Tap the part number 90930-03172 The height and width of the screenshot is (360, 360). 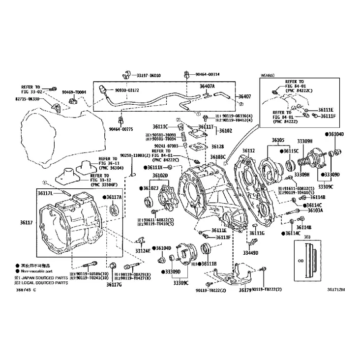tap(127, 90)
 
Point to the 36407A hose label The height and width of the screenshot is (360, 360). tap(207, 86)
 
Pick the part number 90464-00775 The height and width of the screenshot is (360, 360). tap(120, 128)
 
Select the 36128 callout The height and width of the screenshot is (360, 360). tap(217, 147)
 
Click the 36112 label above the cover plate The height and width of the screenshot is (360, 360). tap(248, 150)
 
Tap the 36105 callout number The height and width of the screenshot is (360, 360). tap(278, 140)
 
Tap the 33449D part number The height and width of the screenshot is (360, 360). tap(250, 253)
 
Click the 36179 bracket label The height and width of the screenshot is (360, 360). tap(245, 290)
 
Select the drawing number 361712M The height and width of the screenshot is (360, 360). tap(336, 290)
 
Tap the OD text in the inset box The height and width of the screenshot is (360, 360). tap(300, 262)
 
